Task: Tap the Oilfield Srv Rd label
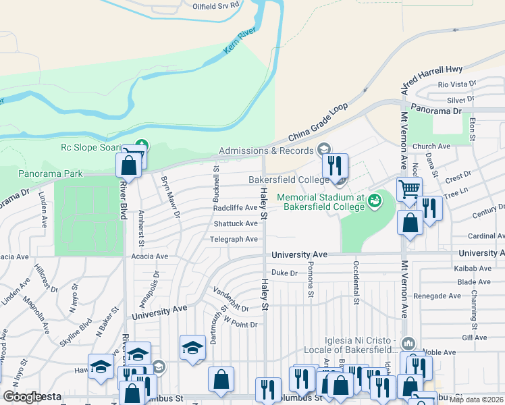coord(216,5)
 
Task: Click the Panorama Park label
coord(51,173)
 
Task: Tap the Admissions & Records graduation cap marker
coord(323,150)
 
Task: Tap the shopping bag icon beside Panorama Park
coord(128,165)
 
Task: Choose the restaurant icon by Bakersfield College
coord(335,165)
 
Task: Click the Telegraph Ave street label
coord(234,240)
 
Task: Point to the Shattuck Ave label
coord(235,223)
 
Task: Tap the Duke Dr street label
coord(284,273)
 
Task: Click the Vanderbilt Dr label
coord(232,300)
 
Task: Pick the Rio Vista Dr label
coord(457,84)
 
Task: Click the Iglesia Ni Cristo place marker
coord(406,343)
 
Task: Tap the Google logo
coord(22,397)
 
